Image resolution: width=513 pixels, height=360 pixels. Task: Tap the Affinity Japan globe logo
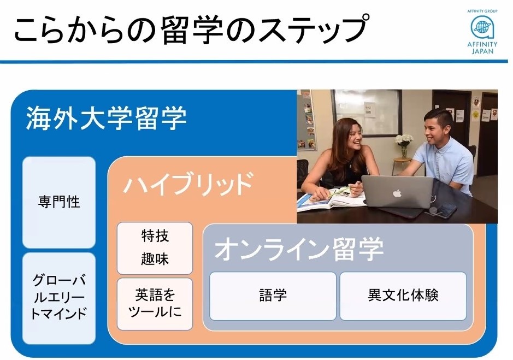(x=482, y=27)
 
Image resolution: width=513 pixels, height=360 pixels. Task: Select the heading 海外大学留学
(x=107, y=118)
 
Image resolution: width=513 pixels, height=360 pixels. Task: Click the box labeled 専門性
(x=59, y=202)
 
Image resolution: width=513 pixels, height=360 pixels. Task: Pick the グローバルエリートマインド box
(x=59, y=298)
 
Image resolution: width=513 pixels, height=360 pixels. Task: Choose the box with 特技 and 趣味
(x=155, y=248)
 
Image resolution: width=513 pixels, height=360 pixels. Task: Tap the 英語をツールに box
(x=155, y=304)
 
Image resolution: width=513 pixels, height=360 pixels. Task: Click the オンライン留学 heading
(x=299, y=249)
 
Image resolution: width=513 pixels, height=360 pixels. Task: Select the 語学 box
(x=273, y=296)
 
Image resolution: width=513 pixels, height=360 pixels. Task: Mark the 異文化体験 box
(x=403, y=296)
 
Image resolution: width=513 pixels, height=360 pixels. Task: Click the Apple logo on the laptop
(x=397, y=193)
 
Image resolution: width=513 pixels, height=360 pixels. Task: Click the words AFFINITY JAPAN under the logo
(x=482, y=48)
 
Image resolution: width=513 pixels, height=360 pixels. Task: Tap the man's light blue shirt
(x=448, y=164)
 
